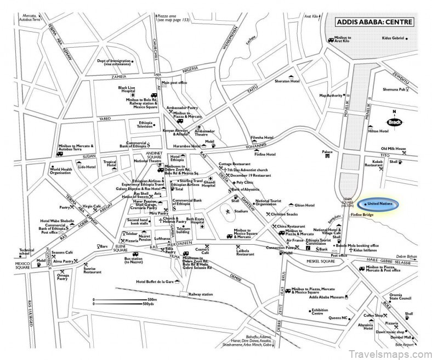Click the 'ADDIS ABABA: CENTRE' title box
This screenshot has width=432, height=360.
click(x=374, y=23)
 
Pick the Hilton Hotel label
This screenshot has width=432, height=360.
click(x=378, y=132)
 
